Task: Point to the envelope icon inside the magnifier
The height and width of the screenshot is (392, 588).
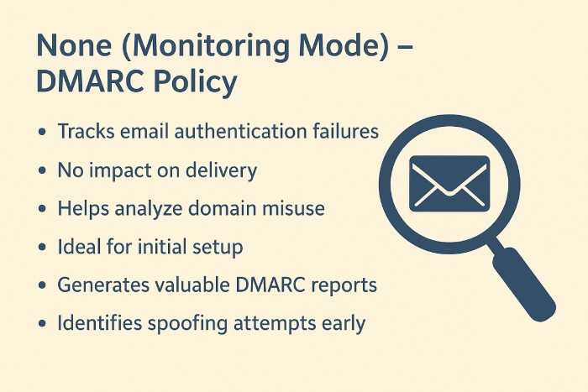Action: click(449, 182)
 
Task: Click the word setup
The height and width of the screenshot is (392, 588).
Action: click(218, 247)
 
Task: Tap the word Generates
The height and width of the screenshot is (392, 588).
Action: click(100, 285)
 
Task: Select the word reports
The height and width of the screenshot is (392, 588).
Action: click(344, 285)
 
